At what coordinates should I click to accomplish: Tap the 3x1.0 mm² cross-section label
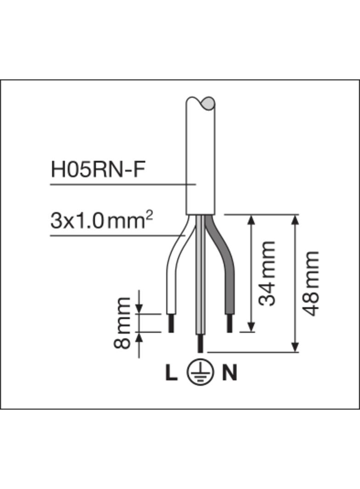pyautogui.click(x=101, y=221)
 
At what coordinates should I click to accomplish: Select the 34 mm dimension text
pyautogui.click(x=267, y=273)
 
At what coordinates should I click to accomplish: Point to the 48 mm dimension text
pyautogui.click(x=310, y=283)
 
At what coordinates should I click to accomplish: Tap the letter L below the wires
pyautogui.click(x=171, y=373)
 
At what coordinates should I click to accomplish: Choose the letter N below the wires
pyautogui.click(x=230, y=373)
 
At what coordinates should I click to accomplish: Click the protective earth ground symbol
pyautogui.click(x=200, y=373)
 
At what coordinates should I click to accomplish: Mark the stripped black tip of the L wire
pyautogui.click(x=171, y=323)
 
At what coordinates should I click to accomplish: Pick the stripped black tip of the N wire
pyautogui.click(x=230, y=323)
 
